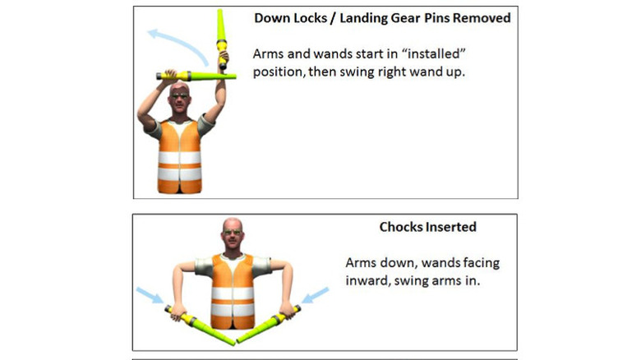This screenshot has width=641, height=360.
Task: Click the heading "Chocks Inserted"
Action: (x=427, y=227)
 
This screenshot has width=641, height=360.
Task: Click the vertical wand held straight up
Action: (x=222, y=39)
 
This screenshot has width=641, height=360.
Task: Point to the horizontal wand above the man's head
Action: (x=196, y=76)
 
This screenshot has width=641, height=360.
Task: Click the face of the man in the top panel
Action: (x=179, y=99)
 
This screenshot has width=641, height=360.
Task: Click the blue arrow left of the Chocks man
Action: (x=150, y=294)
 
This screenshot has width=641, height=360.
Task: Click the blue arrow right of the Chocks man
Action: (x=316, y=295)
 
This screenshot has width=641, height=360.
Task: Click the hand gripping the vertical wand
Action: (x=224, y=57)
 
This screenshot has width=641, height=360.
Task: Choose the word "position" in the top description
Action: (x=279, y=72)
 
